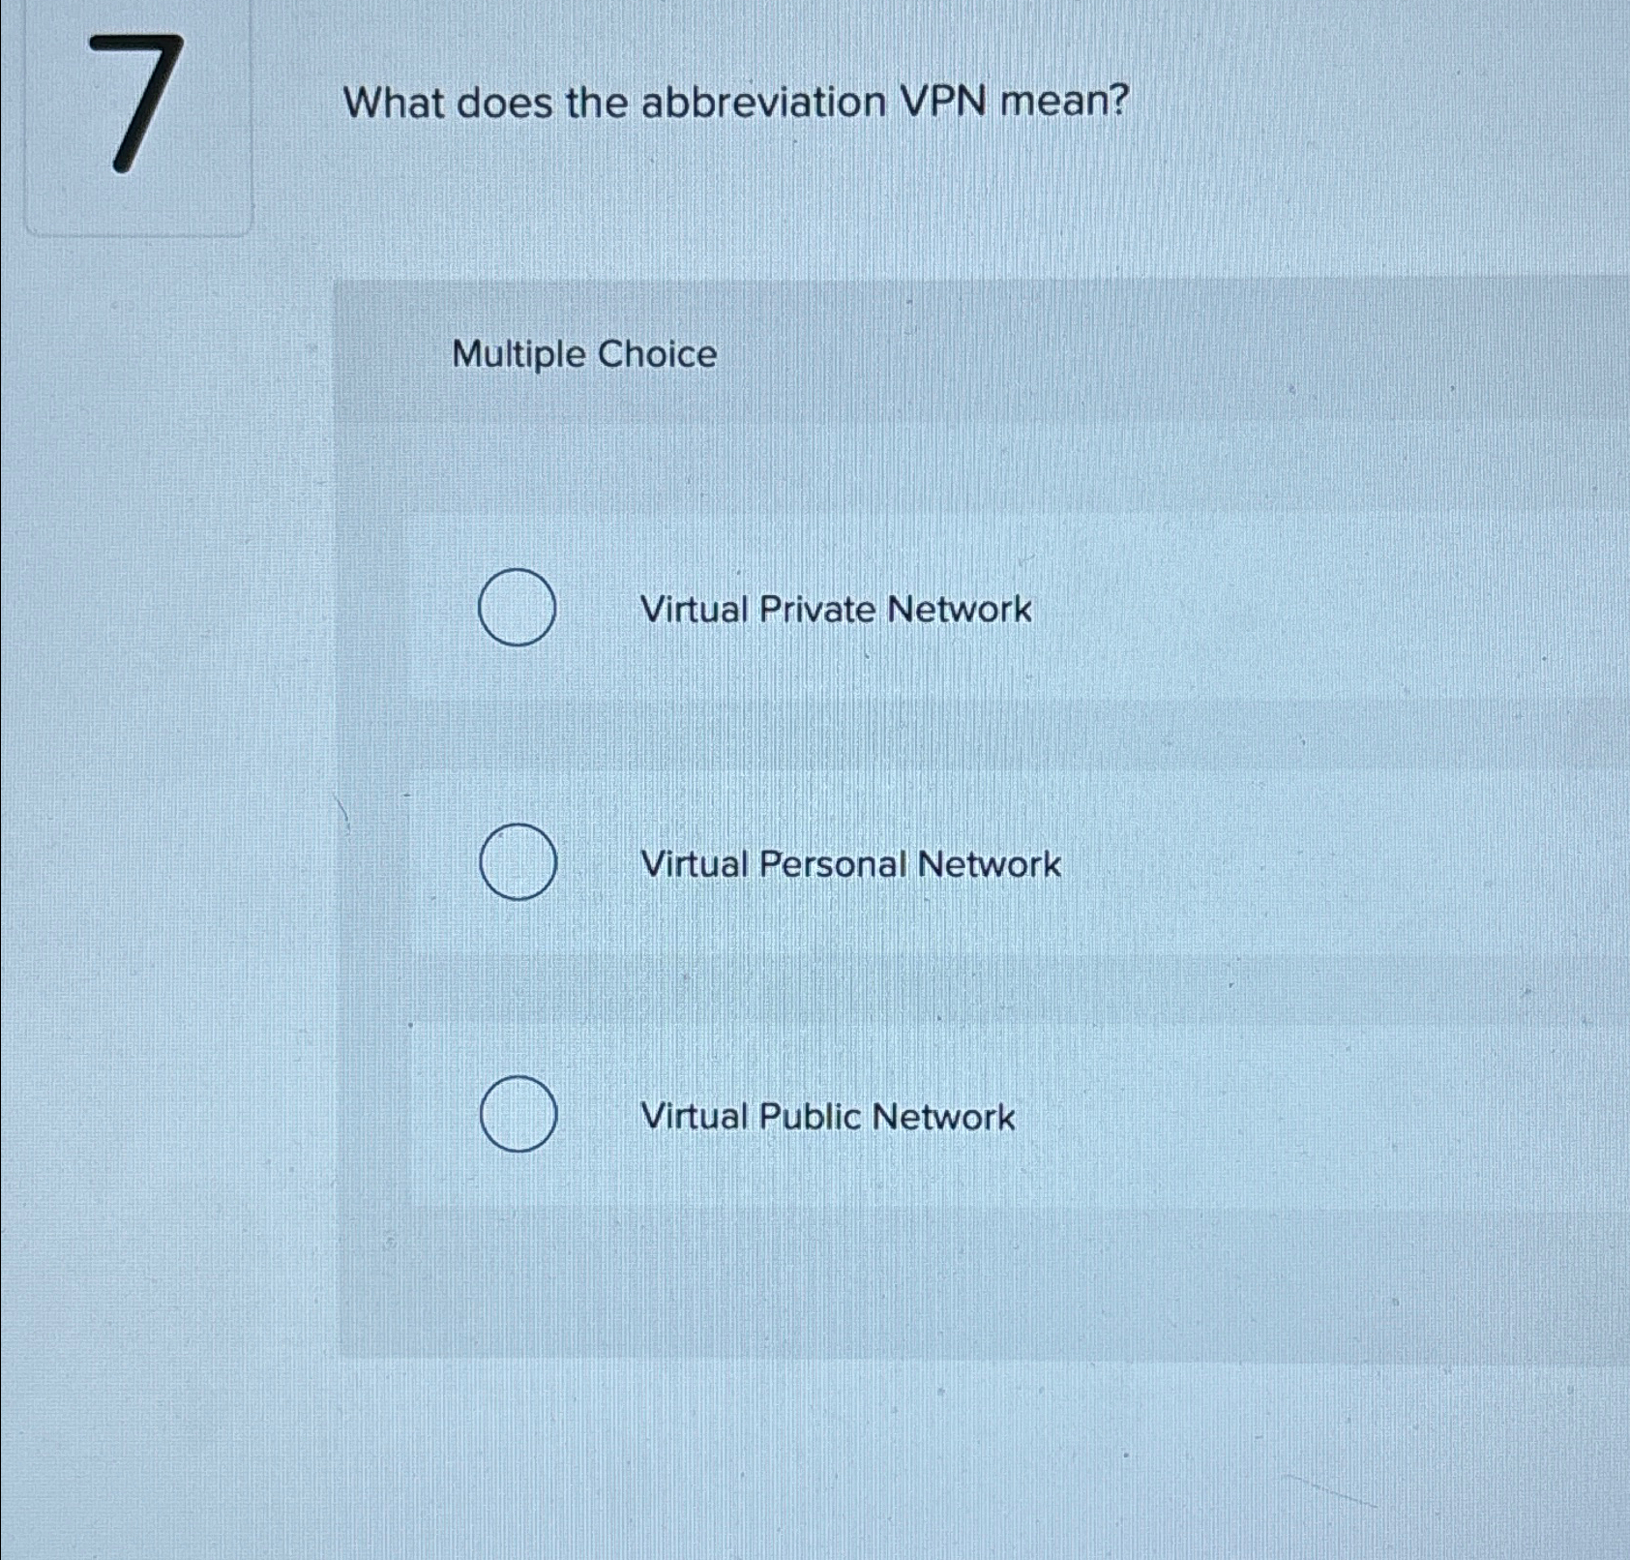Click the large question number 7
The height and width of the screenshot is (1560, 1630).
pos(145,103)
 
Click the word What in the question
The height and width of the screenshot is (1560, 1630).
pos(392,103)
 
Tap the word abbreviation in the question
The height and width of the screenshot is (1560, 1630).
pos(763,103)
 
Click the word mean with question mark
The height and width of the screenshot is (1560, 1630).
pos(1064,101)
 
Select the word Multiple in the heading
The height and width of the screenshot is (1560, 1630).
pos(519,355)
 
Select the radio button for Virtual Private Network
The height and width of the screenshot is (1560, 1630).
pos(518,608)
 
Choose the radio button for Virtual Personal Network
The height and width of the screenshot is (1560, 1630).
pos(518,862)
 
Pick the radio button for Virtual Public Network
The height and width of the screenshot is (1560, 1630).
pos(518,1114)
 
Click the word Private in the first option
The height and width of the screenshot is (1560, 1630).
pos(817,610)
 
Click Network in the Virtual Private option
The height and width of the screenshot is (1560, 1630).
pos(959,610)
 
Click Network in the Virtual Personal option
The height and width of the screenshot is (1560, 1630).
pos(989,864)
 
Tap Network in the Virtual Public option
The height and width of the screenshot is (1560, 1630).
pos(943,1118)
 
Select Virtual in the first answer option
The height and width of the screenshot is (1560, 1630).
pos(694,610)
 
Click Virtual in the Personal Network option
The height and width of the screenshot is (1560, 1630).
pos(694,864)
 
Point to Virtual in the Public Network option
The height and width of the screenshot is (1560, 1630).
pos(694,1117)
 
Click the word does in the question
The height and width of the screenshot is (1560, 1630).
pos(502,103)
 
